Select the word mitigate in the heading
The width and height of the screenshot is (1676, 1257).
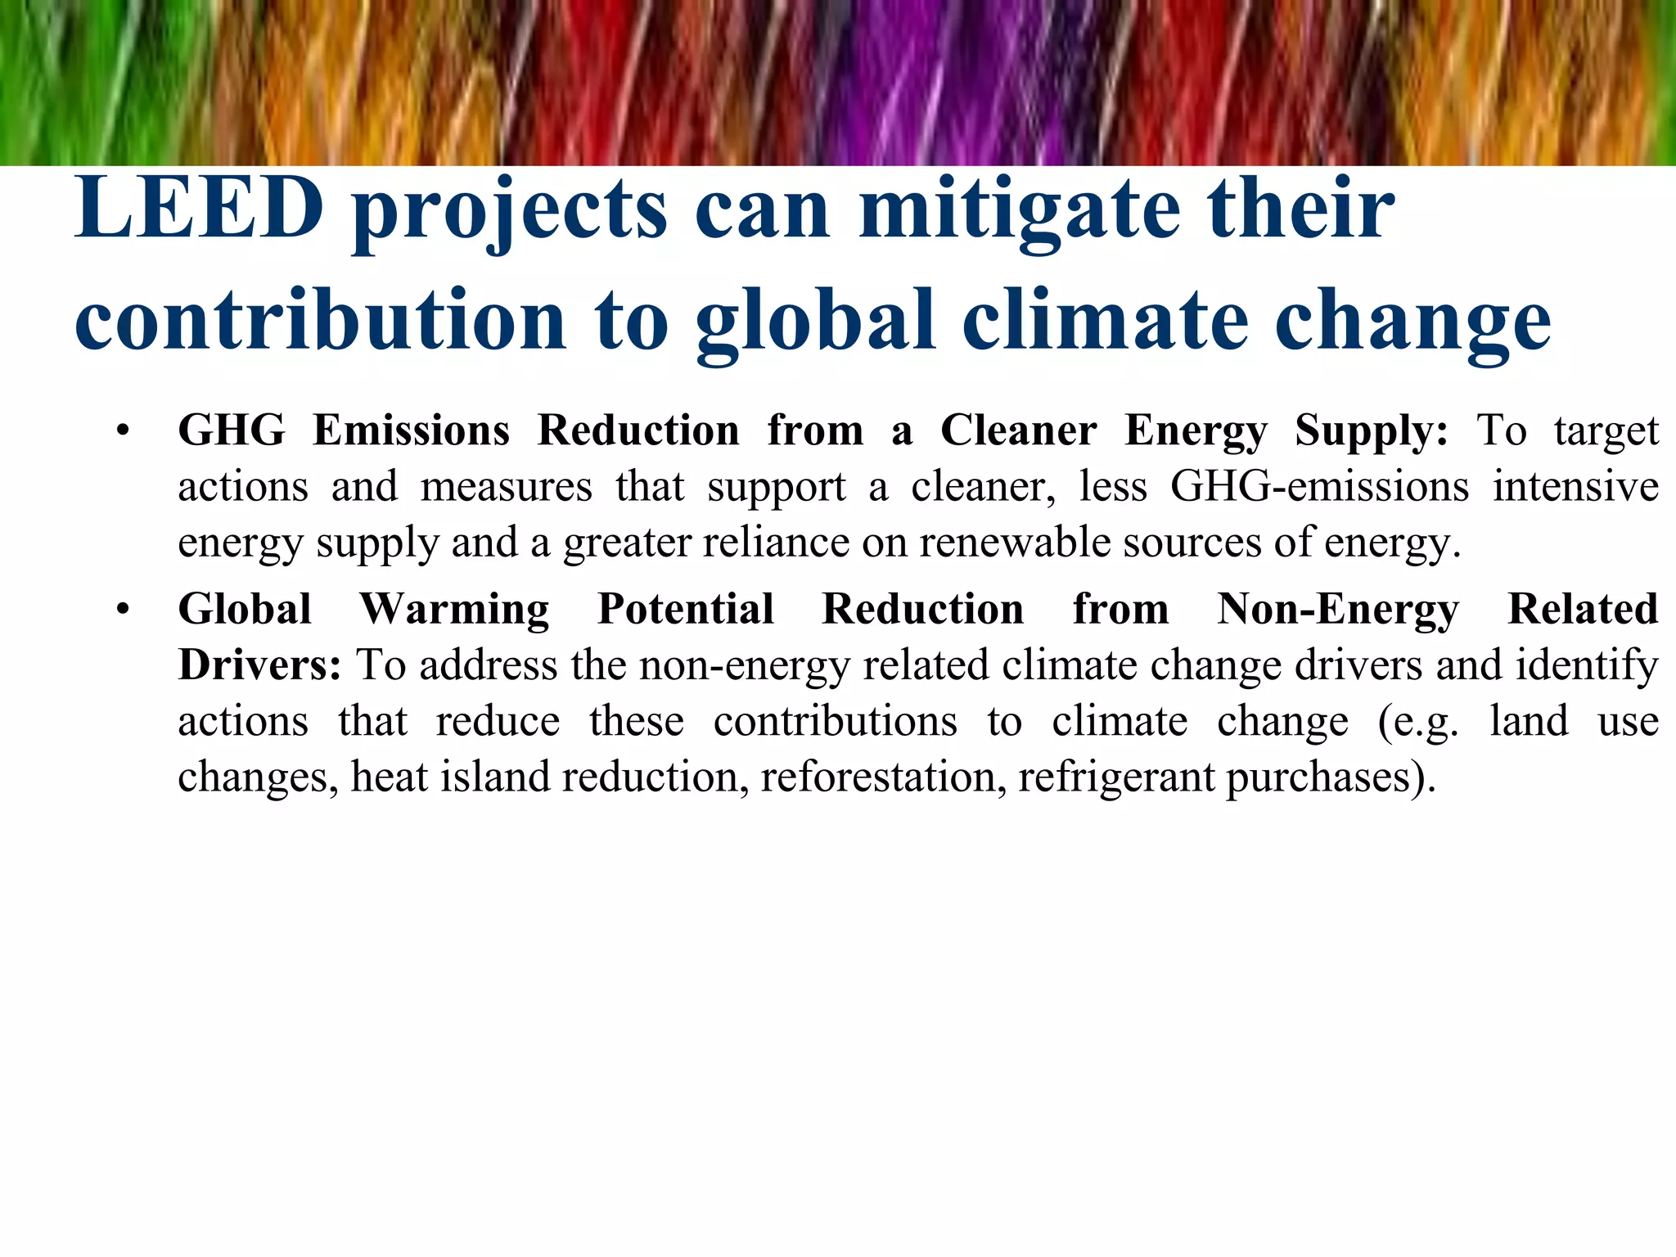point(1020,211)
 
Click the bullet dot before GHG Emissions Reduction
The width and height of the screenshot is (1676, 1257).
point(123,431)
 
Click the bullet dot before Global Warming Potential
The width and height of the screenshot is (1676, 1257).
point(123,610)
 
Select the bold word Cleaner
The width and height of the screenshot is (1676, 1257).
point(1018,430)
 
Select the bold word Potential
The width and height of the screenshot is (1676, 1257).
point(686,609)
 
